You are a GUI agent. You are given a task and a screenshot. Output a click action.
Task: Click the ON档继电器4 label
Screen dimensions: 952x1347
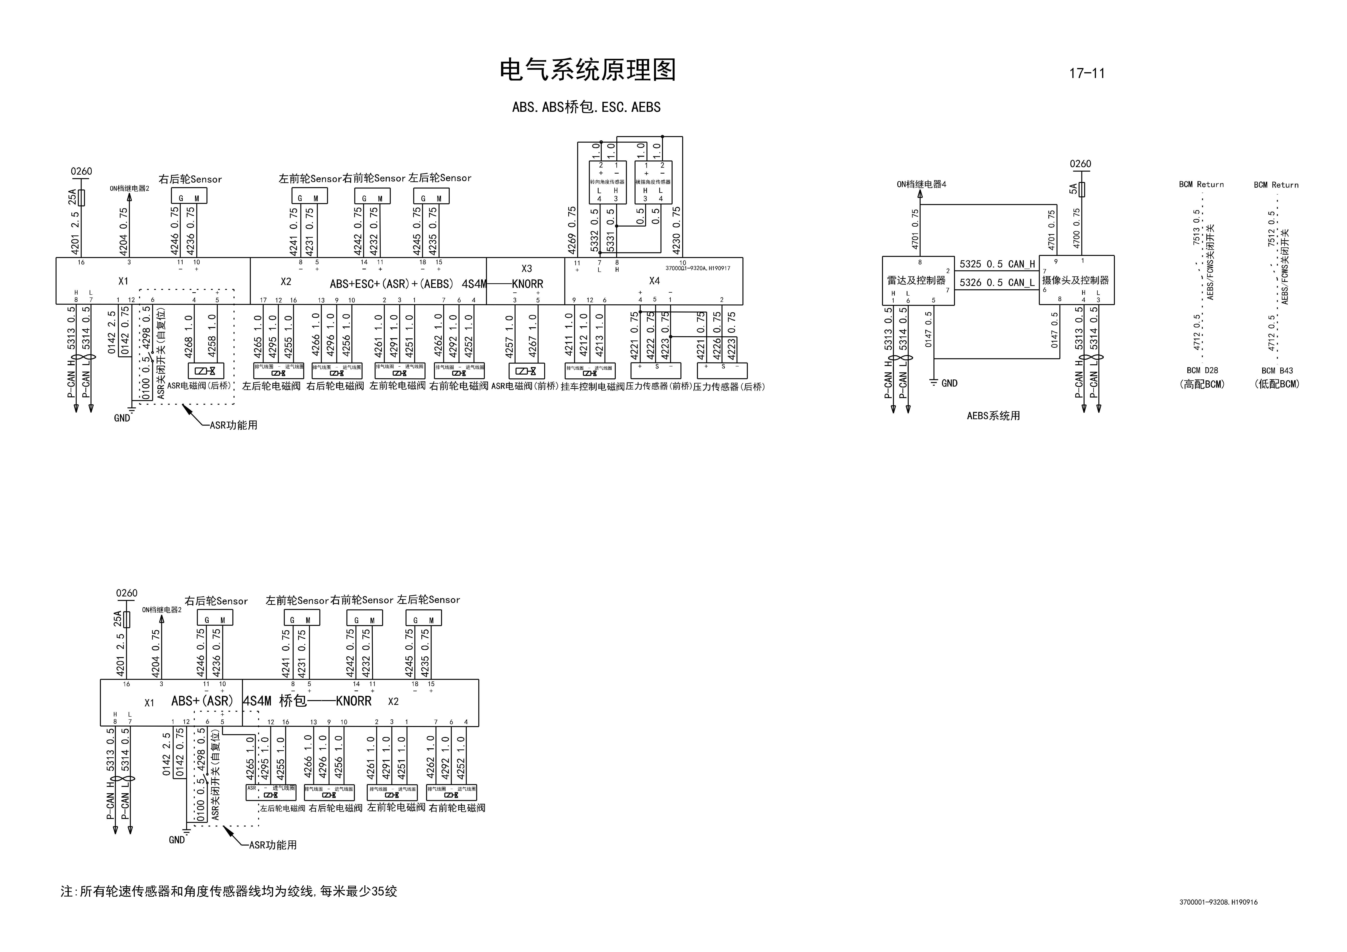tap(921, 184)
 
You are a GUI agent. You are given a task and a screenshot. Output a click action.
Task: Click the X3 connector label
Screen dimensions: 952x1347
tap(526, 269)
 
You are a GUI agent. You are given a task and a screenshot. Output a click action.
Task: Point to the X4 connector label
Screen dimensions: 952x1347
tap(654, 281)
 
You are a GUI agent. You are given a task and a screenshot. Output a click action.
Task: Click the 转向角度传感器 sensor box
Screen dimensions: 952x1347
tap(607, 182)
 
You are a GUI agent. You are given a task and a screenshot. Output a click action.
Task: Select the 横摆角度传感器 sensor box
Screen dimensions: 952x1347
tap(653, 182)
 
